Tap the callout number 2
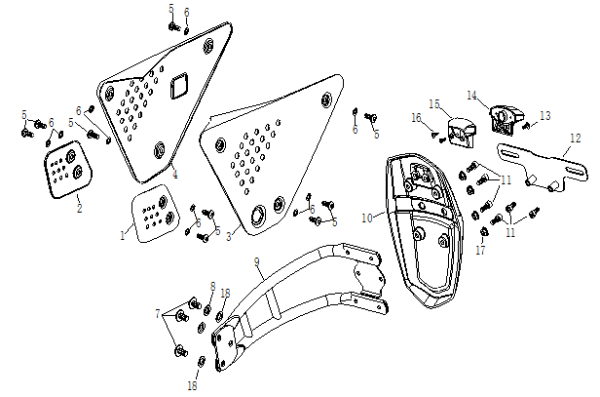coord(80,208)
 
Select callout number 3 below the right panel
coord(228,236)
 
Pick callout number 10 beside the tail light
coord(367,220)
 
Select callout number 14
coord(470,96)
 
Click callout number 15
coord(434,103)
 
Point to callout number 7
coord(158,314)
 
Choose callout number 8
coord(212,286)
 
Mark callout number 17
coord(480,251)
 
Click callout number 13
coord(544,115)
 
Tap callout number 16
coord(415,118)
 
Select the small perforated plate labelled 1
coord(151,214)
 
